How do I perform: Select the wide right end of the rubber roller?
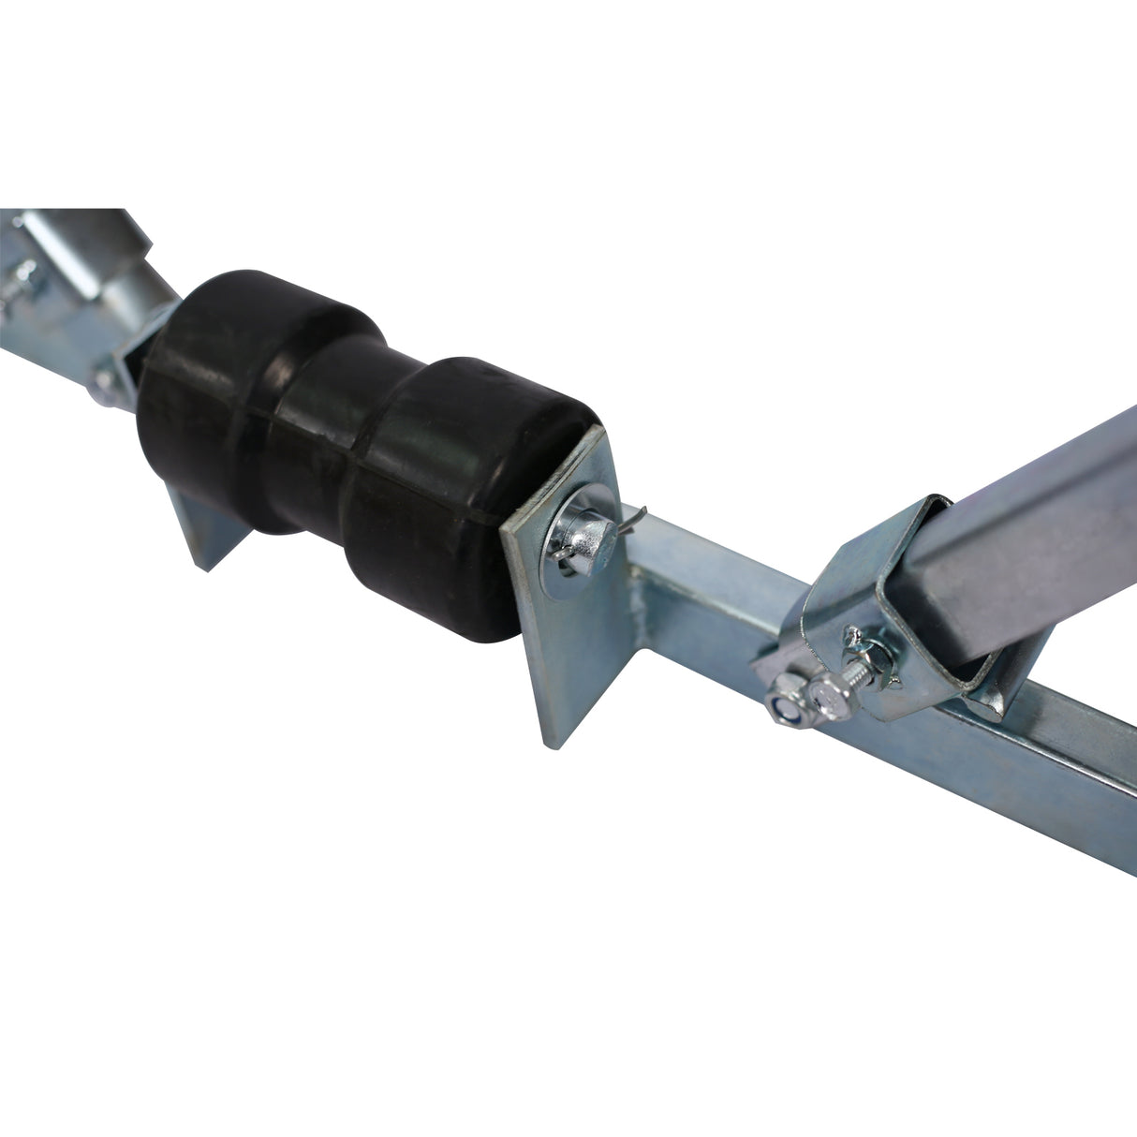click(440, 487)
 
